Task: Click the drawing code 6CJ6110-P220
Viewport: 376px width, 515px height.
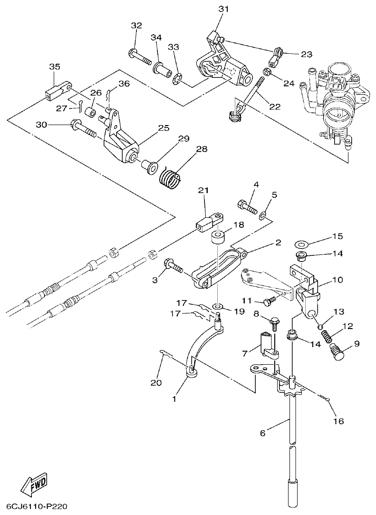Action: (x=37, y=506)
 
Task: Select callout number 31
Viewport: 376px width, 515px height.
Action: (x=223, y=9)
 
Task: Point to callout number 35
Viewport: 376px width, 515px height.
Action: (x=55, y=67)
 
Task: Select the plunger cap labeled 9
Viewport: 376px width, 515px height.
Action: (x=337, y=353)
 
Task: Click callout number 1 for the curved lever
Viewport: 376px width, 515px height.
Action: (x=174, y=399)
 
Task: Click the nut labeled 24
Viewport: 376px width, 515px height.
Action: (x=268, y=73)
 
